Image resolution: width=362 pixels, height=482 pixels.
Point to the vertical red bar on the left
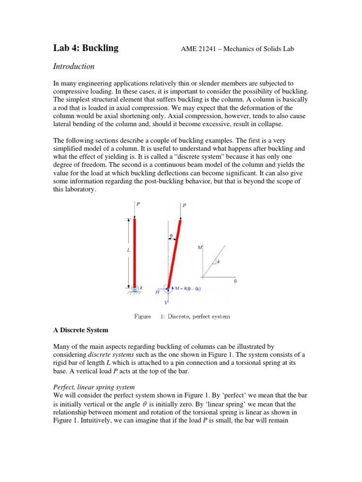pos(135,251)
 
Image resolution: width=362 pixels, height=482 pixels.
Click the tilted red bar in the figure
pos(173,252)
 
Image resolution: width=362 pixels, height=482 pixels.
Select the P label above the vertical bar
pos(138,204)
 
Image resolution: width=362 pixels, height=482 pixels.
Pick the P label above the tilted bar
pos(184,205)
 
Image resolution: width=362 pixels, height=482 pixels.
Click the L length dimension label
pos(128,250)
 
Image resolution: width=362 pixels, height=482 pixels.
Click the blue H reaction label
pos(157,292)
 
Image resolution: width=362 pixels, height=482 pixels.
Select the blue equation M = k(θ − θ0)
pos(187,288)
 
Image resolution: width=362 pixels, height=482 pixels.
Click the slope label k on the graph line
pos(218,262)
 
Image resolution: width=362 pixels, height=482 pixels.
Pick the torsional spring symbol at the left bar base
pos(135,288)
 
